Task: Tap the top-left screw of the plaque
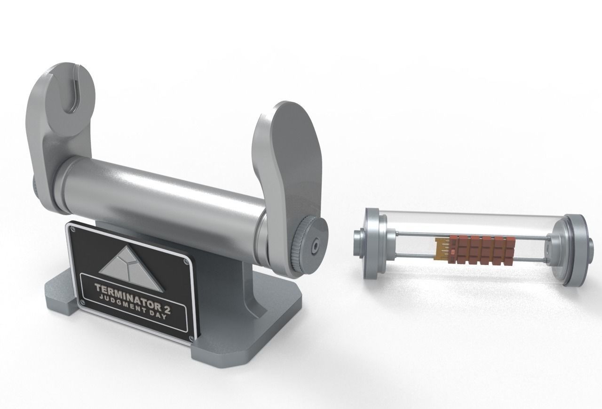(72, 229)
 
